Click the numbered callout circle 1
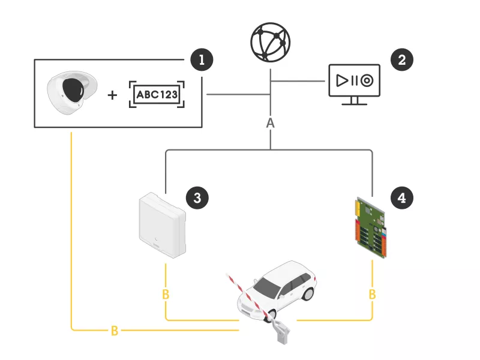pos(202,59)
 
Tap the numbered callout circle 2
pos(401,59)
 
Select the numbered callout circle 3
pos(197,196)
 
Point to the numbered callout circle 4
pos(401,196)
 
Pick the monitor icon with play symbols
pos(354,83)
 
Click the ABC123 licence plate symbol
pos(157,95)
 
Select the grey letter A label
pos(270,123)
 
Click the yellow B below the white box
pos(166,295)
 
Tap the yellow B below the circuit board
pos(373,295)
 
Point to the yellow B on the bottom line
pos(114,331)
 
